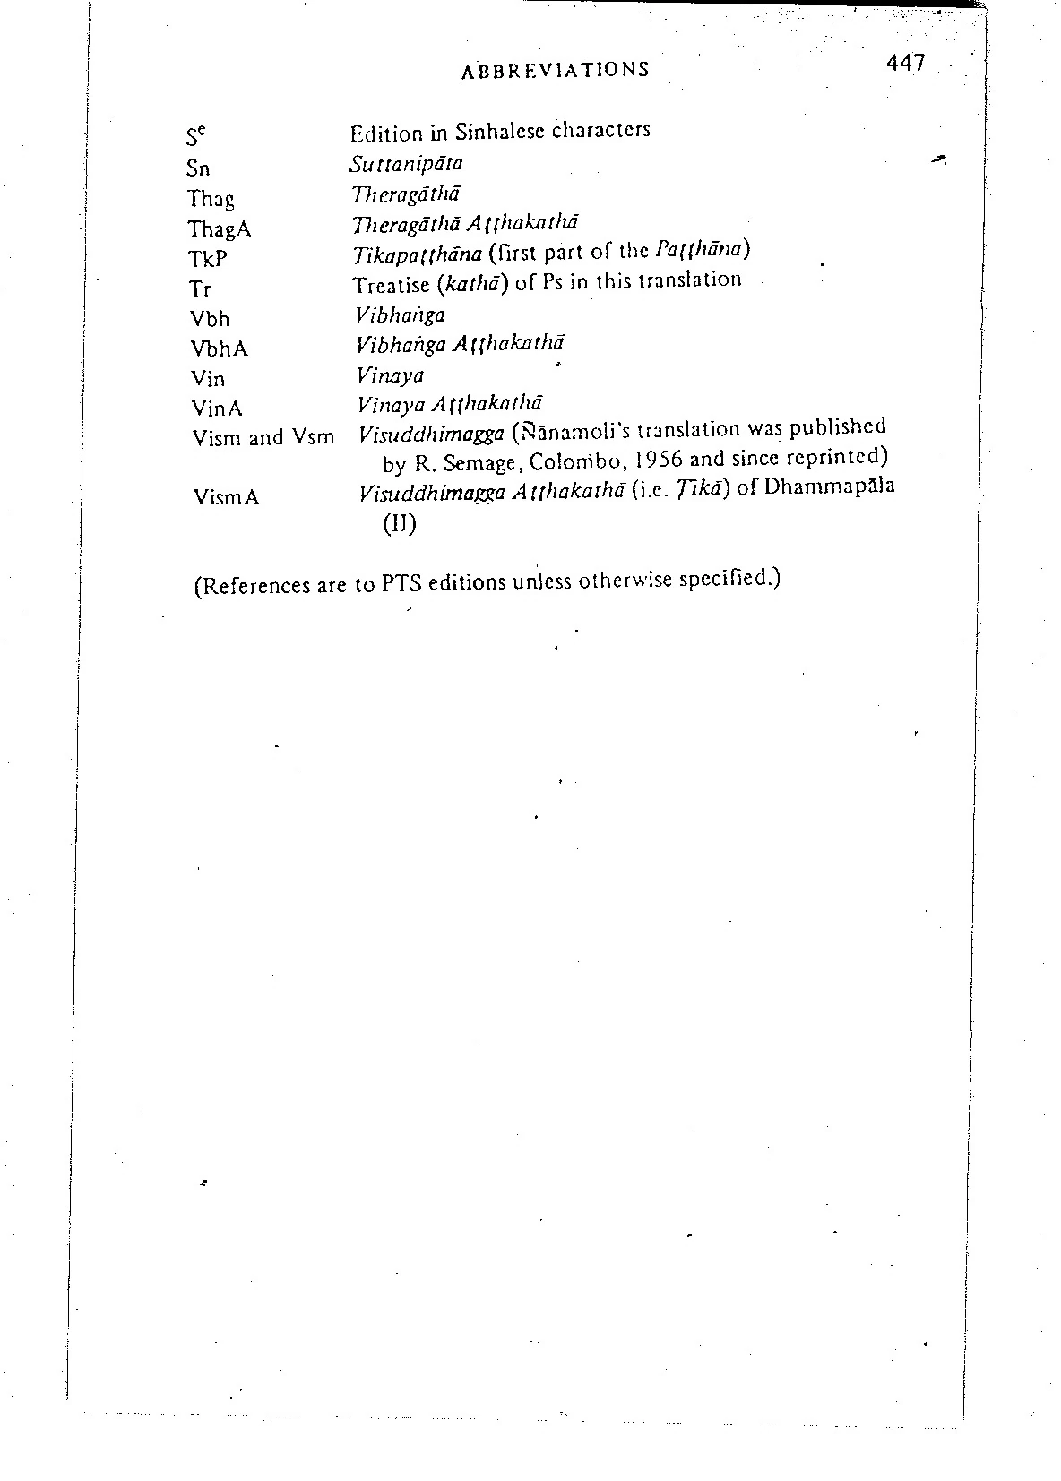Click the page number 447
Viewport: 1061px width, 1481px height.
tap(904, 64)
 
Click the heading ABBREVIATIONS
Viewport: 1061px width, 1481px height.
tap(556, 70)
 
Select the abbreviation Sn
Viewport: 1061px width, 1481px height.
tap(199, 168)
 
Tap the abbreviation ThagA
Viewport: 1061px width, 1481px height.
tap(220, 229)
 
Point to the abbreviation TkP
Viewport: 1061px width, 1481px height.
tap(208, 260)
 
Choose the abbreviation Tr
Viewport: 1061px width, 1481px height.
tap(200, 289)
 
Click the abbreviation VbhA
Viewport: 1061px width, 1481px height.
tap(219, 349)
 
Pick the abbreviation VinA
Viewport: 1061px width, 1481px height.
tap(217, 409)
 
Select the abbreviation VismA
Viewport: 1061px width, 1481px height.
tap(226, 496)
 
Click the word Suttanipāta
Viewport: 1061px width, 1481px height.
tap(407, 164)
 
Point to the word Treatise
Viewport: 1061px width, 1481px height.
tap(390, 285)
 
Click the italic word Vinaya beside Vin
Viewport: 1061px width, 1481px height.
tap(390, 375)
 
